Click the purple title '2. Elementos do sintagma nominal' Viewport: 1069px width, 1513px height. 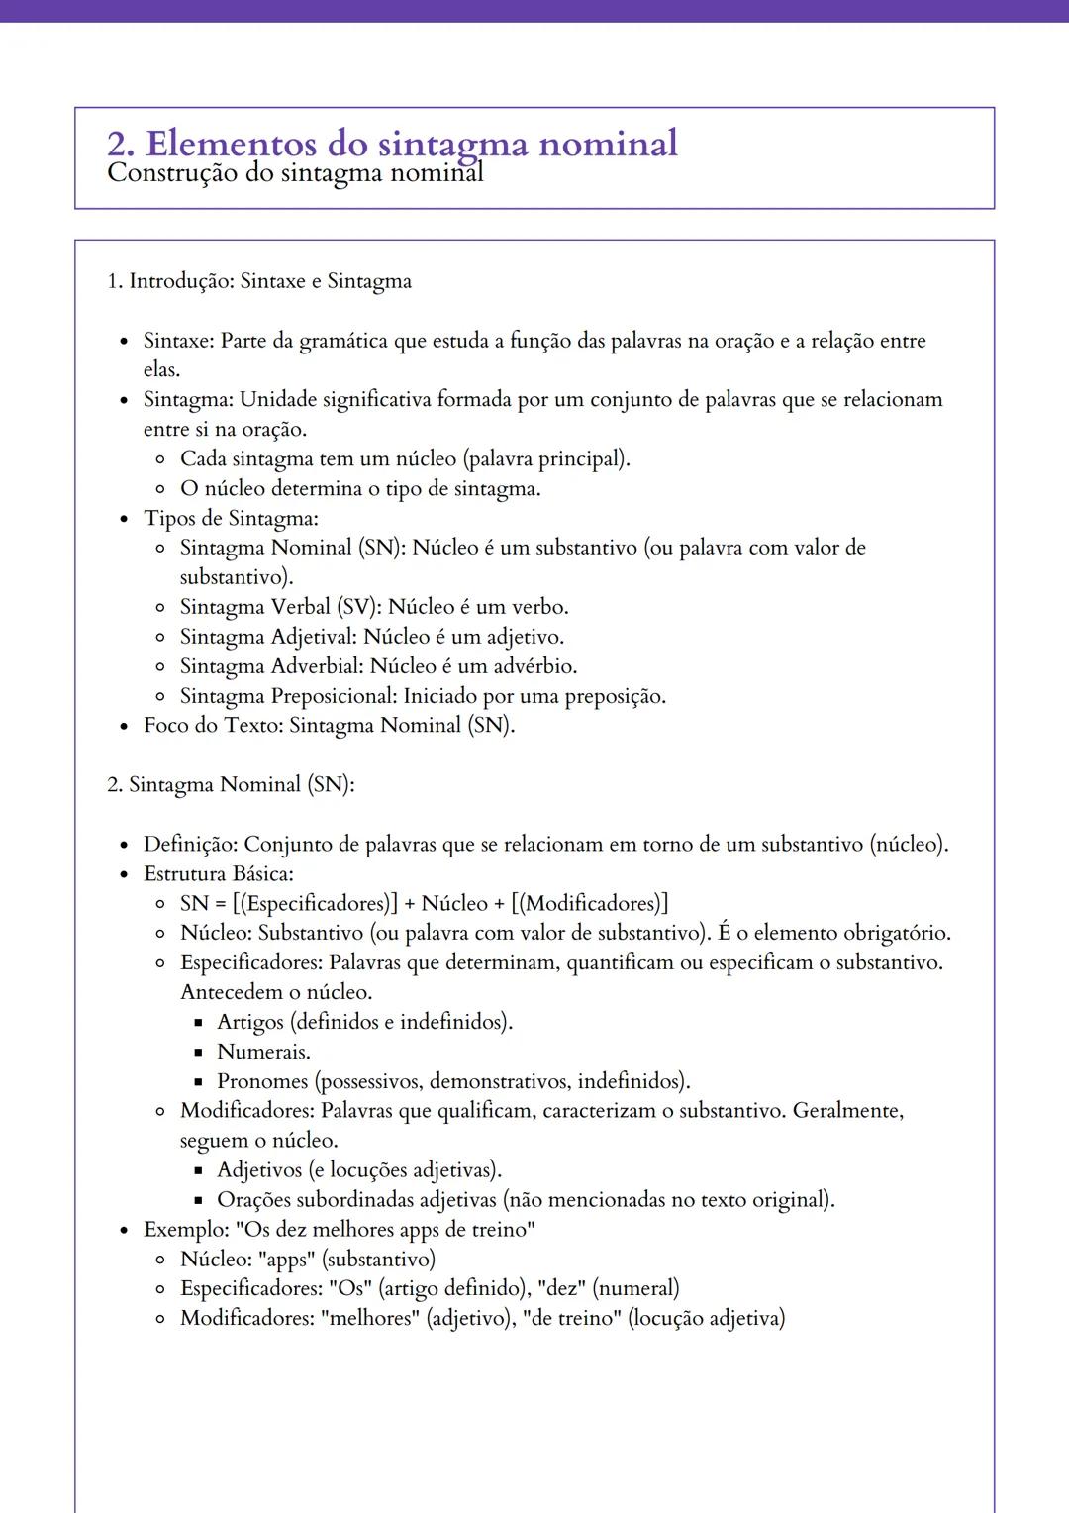coord(392,144)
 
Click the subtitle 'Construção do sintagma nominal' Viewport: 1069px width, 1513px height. coord(295,174)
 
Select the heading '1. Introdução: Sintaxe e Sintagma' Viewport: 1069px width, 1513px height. coord(259,281)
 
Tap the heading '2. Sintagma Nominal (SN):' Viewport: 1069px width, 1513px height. coord(231,785)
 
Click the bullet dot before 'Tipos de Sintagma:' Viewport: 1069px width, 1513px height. coord(124,519)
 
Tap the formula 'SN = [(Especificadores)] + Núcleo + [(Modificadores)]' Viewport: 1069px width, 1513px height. coord(424,904)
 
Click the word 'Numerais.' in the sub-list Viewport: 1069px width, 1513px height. coord(263,1052)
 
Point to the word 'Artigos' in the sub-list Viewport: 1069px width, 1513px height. coord(249,1022)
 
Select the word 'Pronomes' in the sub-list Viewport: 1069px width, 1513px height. coord(262,1081)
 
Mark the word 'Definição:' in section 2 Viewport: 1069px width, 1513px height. coord(190,845)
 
